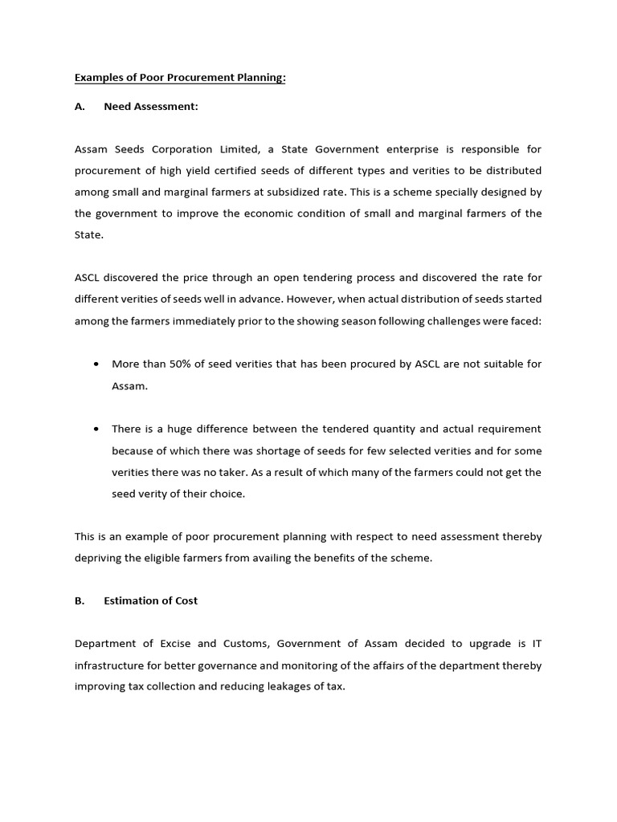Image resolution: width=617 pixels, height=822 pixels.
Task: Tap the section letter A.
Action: [80, 107]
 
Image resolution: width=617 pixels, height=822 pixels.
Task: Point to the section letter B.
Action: [80, 600]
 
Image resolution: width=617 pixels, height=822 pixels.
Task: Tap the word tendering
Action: [321, 278]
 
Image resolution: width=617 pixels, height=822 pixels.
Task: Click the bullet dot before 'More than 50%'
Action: [96, 364]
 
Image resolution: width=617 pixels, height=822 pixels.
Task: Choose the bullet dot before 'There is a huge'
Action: [96, 429]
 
